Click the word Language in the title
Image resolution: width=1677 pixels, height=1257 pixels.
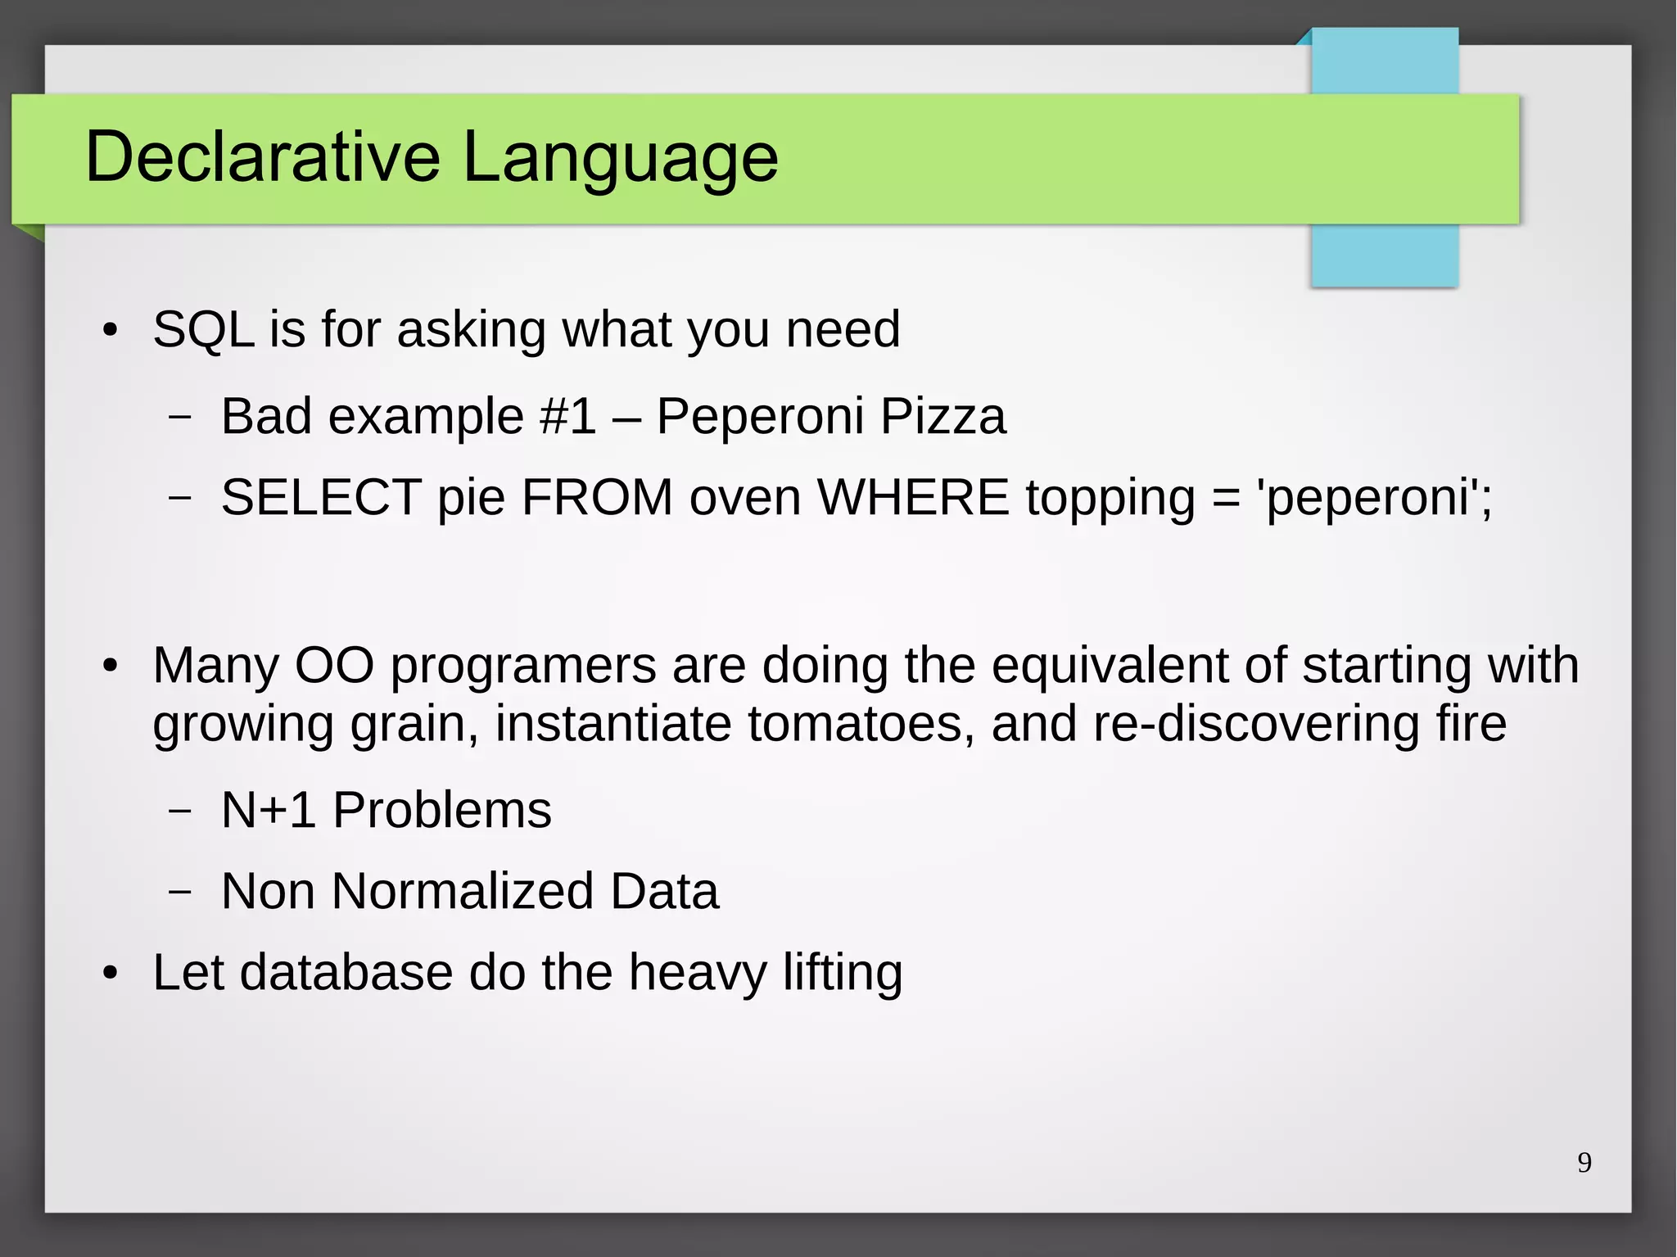click(x=620, y=157)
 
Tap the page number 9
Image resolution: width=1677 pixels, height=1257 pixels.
click(x=1584, y=1162)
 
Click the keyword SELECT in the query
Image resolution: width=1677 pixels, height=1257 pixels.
click(x=321, y=497)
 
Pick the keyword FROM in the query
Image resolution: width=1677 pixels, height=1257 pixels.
click(x=597, y=497)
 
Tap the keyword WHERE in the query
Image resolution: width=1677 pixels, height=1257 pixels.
click(x=913, y=497)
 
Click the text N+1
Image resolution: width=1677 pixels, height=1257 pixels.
click(x=269, y=810)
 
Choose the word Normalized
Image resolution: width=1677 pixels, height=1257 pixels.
click(x=463, y=891)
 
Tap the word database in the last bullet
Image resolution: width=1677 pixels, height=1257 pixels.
click(x=346, y=972)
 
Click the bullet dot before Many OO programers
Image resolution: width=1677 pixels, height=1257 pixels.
click(x=111, y=666)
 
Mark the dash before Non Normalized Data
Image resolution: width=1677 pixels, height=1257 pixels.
click(x=179, y=891)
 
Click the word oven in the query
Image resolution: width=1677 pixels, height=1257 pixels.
click(x=744, y=497)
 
